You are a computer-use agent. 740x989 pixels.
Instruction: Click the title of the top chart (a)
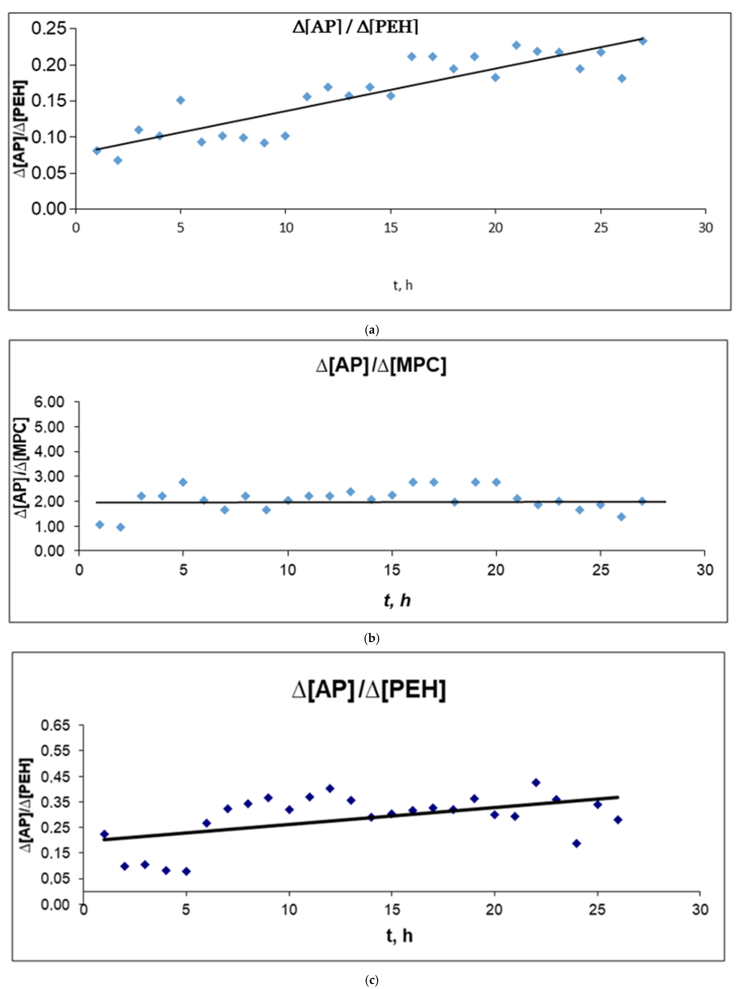pyautogui.click(x=355, y=27)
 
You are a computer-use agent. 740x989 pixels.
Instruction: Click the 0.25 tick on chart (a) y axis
pyautogui.click(x=48, y=29)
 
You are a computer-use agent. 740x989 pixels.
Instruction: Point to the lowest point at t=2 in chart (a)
pyautogui.click(x=117, y=160)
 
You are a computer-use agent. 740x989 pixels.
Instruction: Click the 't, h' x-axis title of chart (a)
pyautogui.click(x=403, y=285)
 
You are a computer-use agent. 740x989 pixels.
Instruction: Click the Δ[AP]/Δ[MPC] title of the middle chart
pyautogui.click(x=381, y=365)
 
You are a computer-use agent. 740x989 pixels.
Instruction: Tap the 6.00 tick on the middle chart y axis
pyautogui.click(x=49, y=402)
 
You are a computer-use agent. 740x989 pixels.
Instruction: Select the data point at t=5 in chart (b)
pyautogui.click(x=183, y=482)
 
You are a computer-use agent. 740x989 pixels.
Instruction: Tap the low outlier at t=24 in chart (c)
pyautogui.click(x=576, y=843)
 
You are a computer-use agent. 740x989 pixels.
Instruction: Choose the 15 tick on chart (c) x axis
pyautogui.click(x=392, y=909)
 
